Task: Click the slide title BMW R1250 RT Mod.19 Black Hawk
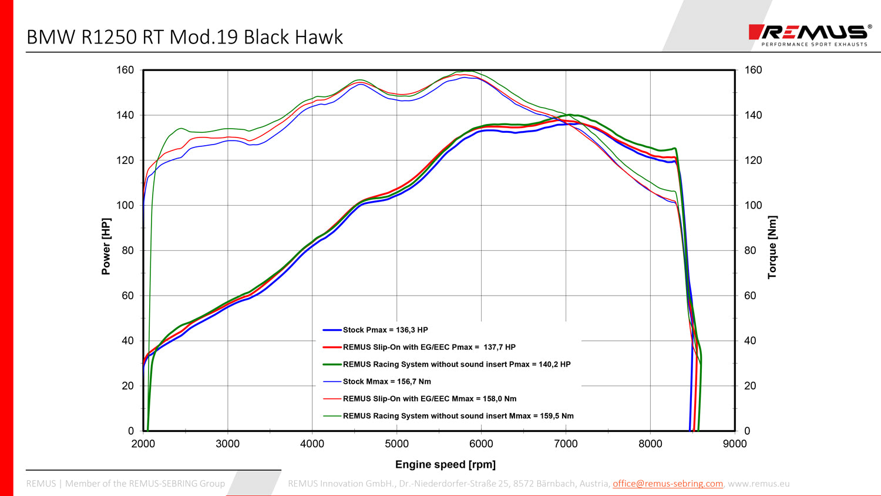point(184,37)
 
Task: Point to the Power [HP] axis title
point(106,247)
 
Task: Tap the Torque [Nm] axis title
point(772,247)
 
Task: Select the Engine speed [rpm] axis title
point(445,464)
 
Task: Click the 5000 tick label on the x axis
point(396,444)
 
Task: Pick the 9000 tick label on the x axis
point(735,444)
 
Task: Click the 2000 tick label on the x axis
point(143,444)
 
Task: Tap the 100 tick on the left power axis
point(125,205)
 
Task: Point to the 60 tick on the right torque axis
point(750,296)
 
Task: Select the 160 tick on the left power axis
point(125,70)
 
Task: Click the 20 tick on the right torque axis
point(750,386)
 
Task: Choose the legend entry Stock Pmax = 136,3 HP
point(385,330)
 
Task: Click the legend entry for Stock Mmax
point(386,381)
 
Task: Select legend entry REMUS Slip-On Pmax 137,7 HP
point(429,347)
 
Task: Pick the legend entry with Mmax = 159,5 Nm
point(458,415)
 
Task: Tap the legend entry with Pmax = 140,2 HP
point(456,364)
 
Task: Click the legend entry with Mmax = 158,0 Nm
point(429,398)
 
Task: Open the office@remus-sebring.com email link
point(668,484)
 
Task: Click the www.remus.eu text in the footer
point(758,484)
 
